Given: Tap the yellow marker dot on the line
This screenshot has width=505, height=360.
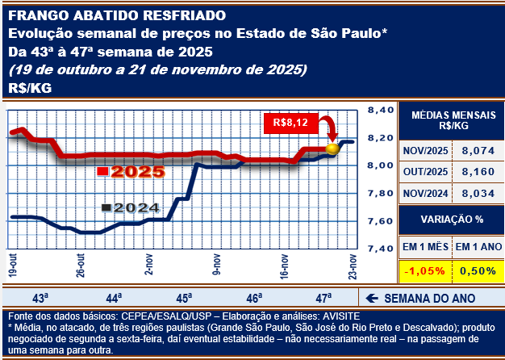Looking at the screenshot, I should (x=332, y=149).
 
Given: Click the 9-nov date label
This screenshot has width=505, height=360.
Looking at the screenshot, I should (x=216, y=265).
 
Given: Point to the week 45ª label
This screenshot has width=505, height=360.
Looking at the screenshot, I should (x=184, y=297).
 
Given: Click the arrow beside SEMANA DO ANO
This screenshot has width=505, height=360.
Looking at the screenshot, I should (x=373, y=297).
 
